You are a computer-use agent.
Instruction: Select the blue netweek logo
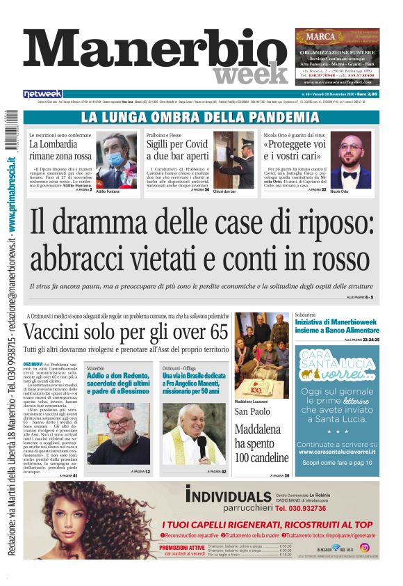coord(42,93)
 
